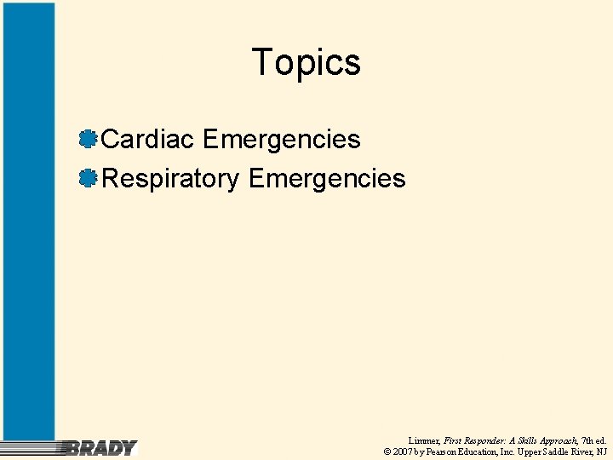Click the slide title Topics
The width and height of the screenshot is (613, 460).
[x=306, y=63]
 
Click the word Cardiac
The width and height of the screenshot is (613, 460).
[x=148, y=139]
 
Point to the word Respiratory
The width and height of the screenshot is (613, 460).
[x=170, y=178]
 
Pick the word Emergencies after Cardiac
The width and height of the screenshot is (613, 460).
[x=282, y=139]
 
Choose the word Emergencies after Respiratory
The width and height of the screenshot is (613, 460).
[x=327, y=178]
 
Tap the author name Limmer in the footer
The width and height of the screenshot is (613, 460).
[x=424, y=440]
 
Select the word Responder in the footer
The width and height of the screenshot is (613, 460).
[x=482, y=440]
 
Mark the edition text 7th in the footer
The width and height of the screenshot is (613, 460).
[x=587, y=440]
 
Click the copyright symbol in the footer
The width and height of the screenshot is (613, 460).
[x=387, y=451]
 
